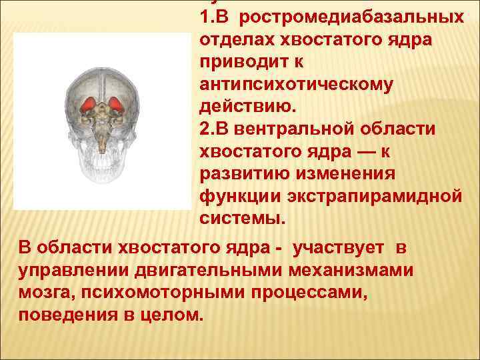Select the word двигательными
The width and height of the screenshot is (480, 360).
pyautogui.click(x=187, y=270)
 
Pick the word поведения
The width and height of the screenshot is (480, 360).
pyautogui.click(x=61, y=315)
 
